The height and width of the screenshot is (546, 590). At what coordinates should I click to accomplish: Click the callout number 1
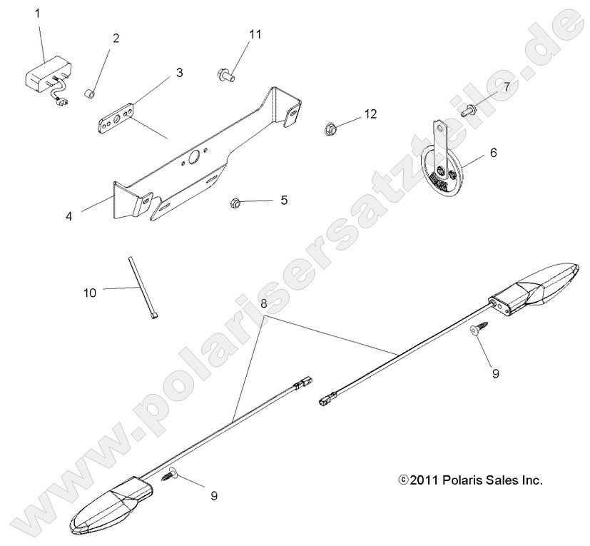39,13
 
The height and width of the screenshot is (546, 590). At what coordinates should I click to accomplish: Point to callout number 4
68,216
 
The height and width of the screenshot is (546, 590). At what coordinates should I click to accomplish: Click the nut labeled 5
235,203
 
